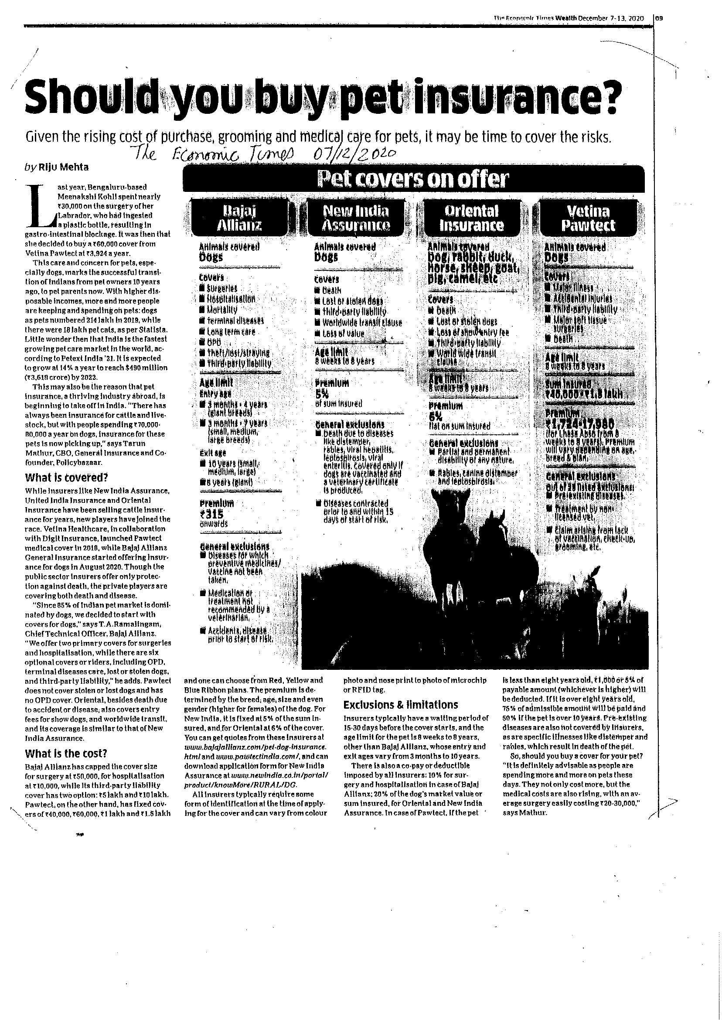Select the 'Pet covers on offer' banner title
(413, 179)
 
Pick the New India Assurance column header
(356, 218)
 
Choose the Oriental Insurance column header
(471, 218)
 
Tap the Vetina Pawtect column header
(588, 218)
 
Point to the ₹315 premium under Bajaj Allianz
(211, 514)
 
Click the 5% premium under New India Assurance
(322, 394)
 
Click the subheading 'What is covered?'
(66, 478)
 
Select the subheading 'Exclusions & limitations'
(401, 705)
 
